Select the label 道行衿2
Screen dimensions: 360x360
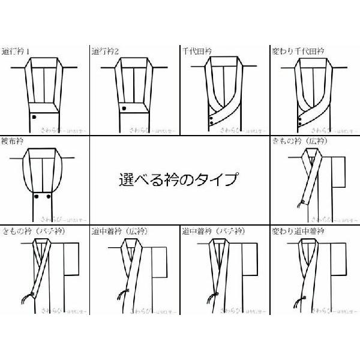click(106, 51)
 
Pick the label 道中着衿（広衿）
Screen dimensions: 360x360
click(119, 230)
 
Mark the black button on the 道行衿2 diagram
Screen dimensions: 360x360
click(123, 109)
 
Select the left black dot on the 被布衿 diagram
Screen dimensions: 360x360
click(37, 196)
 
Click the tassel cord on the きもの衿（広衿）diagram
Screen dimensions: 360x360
click(296, 205)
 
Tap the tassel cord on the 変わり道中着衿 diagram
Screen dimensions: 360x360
click(294, 295)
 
